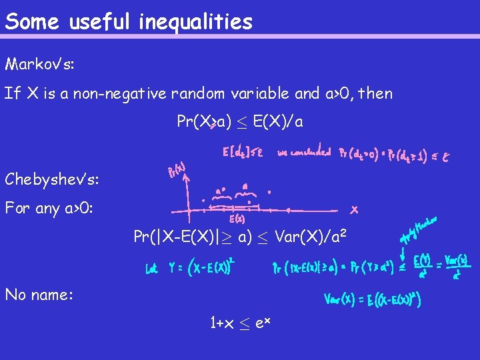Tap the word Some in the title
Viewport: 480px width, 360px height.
click(31, 22)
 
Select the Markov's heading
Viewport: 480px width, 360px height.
click(39, 65)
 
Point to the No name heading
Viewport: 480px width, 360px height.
click(39, 294)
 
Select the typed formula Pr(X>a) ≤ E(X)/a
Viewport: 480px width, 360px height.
click(240, 122)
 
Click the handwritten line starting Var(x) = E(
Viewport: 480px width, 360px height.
click(372, 299)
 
